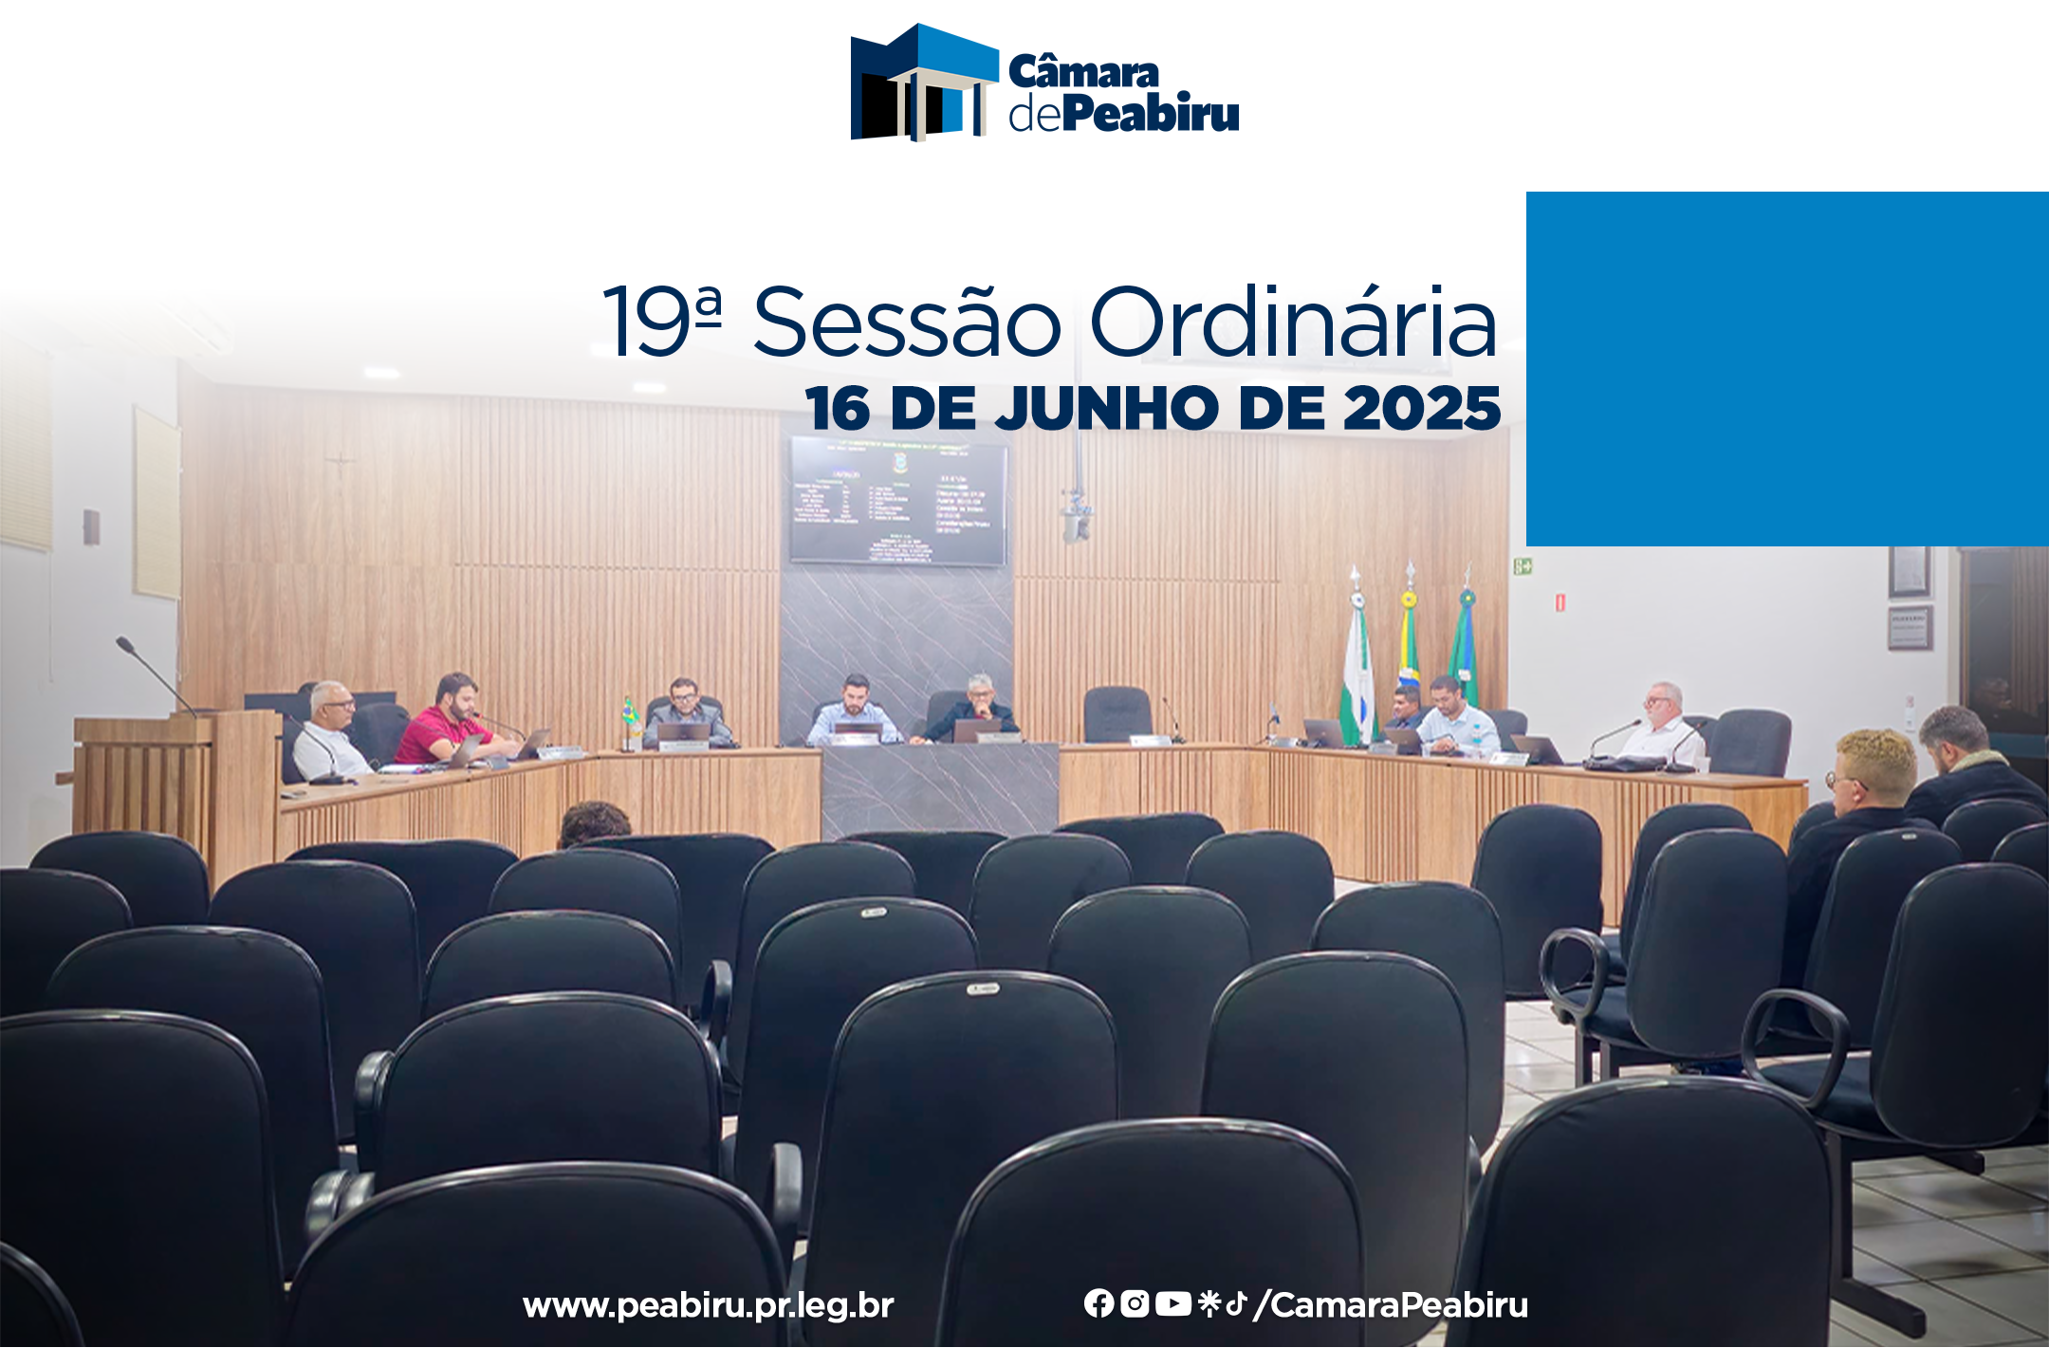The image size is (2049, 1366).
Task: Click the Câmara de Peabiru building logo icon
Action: coord(923,83)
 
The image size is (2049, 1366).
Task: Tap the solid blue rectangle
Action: coord(1786,368)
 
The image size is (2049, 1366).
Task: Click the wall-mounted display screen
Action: coord(898,500)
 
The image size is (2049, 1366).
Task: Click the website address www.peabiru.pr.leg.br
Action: coord(708,1305)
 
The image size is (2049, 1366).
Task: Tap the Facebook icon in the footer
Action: coord(1098,1303)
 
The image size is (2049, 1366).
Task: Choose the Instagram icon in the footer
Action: coord(1135,1303)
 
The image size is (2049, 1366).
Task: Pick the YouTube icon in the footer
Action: coord(1173,1303)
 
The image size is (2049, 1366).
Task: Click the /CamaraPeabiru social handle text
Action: coord(1391,1305)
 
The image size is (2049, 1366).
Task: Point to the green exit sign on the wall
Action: coord(1523,566)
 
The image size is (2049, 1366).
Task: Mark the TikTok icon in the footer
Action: coord(1235,1303)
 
